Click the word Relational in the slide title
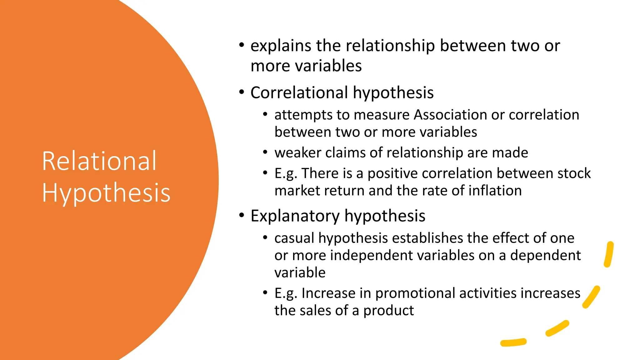99,161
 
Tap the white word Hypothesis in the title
106,193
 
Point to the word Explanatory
295,216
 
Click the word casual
294,238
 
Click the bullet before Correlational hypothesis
242,92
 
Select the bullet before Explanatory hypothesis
242,216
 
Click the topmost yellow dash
609,254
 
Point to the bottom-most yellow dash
513,342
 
